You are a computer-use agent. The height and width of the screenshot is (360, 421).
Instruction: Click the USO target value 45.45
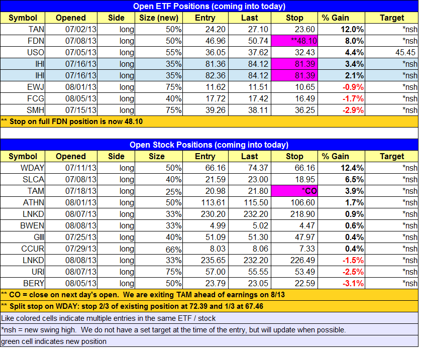(405, 52)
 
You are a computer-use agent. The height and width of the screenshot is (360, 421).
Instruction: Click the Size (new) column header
(156, 18)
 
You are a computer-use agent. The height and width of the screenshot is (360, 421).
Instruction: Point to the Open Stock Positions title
(209, 145)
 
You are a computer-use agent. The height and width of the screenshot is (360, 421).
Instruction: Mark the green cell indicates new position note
(54, 341)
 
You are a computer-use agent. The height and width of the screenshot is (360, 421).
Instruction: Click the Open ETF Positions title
(209, 6)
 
